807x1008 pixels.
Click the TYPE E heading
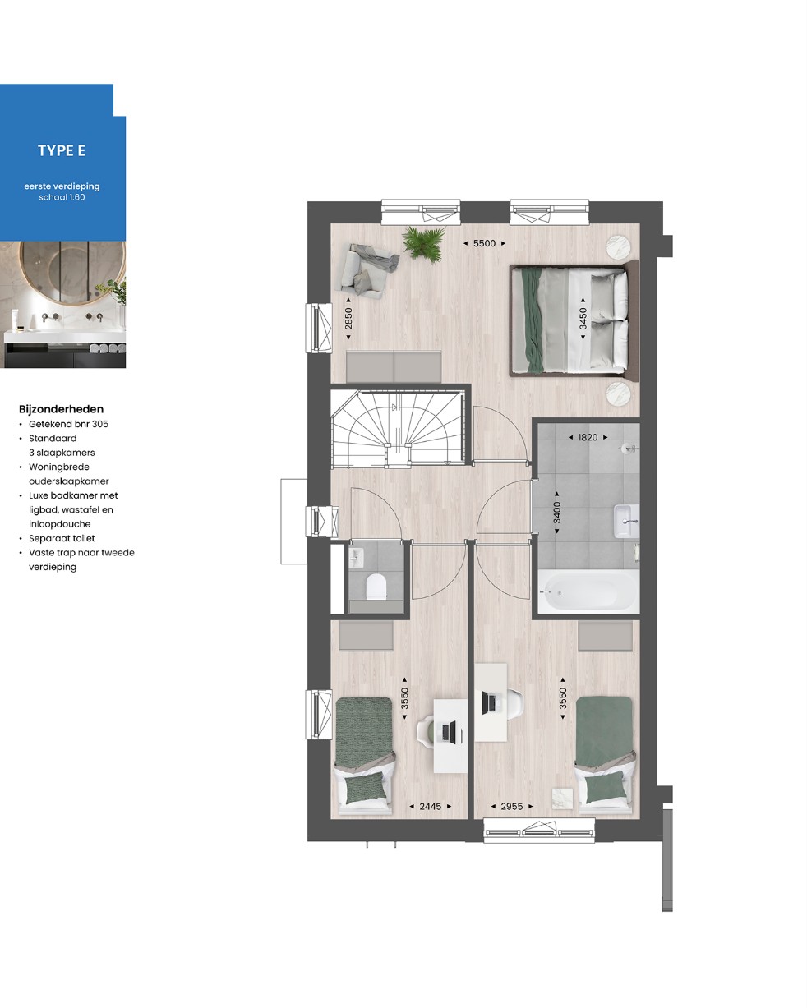(62, 150)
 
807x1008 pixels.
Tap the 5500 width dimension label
(484, 243)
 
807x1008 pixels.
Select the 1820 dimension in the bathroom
(588, 438)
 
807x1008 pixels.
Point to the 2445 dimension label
(430, 807)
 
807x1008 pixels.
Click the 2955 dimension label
(511, 807)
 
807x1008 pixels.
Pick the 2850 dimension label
(348, 319)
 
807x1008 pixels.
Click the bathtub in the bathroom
(588, 591)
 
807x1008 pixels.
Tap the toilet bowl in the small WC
(376, 587)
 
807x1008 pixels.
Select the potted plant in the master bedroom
(424, 243)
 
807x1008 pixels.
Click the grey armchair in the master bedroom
(368, 273)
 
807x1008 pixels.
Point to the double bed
(574, 320)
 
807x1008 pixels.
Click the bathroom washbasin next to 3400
(626, 521)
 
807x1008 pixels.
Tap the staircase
(398, 427)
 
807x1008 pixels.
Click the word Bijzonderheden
(61, 409)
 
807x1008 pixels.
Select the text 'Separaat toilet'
(62, 538)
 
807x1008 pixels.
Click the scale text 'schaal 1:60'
(62, 197)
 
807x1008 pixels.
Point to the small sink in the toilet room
(356, 557)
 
